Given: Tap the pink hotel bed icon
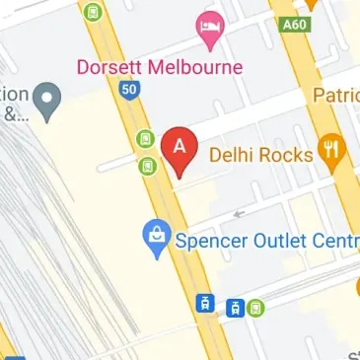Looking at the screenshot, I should click(211, 31).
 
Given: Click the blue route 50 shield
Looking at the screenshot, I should click(128, 90).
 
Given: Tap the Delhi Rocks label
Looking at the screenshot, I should click(261, 154).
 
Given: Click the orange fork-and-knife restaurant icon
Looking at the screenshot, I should click(330, 153).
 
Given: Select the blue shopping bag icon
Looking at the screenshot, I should click(156, 238).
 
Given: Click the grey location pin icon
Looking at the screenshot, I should click(46, 97).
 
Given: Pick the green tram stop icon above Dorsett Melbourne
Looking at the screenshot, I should click(93, 13).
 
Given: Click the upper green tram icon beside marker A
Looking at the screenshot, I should click(146, 138).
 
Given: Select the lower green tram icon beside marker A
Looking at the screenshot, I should click(146, 166).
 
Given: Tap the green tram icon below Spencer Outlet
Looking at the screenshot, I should click(255, 307).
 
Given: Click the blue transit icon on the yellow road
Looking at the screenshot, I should click(206, 303).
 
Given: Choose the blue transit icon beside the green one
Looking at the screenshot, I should click(235, 308).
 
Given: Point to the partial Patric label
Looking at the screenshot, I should click(335, 96).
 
